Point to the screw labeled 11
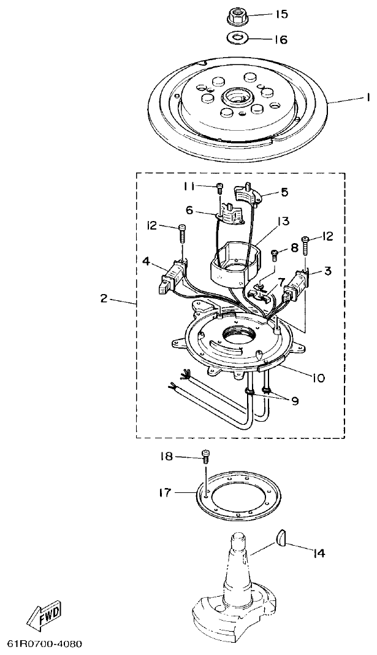[218, 187]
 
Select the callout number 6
[189, 209]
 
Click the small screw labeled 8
[275, 252]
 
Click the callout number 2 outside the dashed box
[104, 298]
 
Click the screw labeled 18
[205, 456]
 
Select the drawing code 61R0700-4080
[44, 644]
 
